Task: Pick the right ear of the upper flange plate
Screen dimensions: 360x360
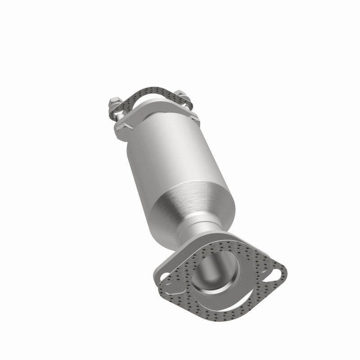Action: point(194,118)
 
